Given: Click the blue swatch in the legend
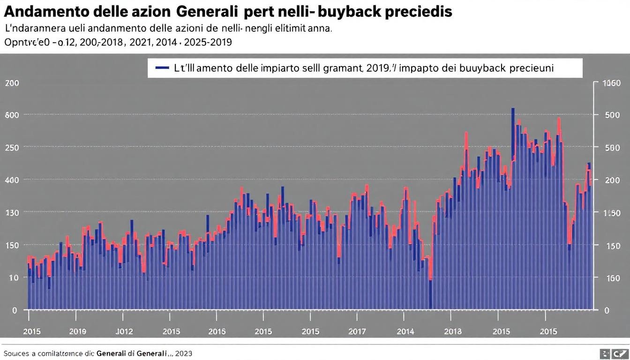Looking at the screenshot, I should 162,68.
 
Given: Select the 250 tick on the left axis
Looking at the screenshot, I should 12,147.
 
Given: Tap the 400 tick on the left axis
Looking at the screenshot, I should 12,180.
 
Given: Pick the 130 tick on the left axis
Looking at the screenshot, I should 12,212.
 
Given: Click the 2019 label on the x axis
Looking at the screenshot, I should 78,331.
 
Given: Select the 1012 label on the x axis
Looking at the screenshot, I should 124,331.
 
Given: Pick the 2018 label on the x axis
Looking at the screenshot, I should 453,331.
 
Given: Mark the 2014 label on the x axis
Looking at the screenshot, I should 405,331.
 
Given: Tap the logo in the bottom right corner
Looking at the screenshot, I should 615,354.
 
